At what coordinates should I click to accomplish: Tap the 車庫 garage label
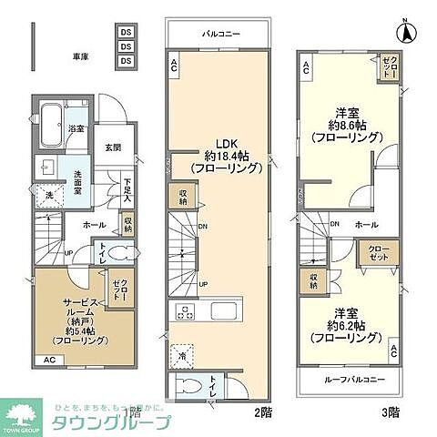[81, 56]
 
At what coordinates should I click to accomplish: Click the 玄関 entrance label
[113, 147]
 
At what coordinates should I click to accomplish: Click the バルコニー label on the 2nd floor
[220, 34]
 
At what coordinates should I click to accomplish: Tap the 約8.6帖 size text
[341, 126]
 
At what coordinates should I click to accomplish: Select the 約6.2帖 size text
[341, 325]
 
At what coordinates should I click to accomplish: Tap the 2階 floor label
[263, 412]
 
